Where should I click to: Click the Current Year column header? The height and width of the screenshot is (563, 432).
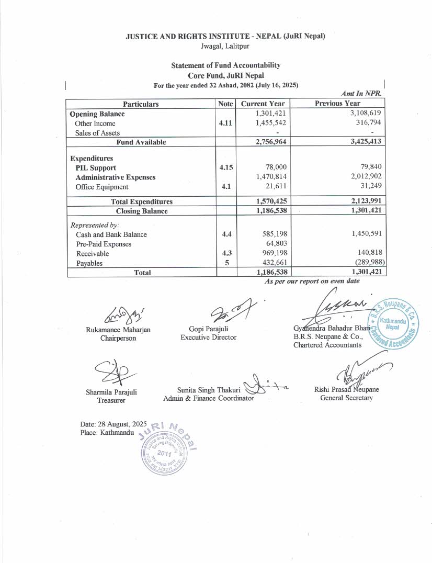263,104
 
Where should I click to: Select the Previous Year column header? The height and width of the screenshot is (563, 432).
337,104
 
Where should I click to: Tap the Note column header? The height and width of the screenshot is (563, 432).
225,104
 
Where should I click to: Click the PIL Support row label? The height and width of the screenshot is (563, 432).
96,168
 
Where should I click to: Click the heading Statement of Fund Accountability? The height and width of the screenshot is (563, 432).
225,65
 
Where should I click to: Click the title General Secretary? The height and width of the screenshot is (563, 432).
347,398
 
